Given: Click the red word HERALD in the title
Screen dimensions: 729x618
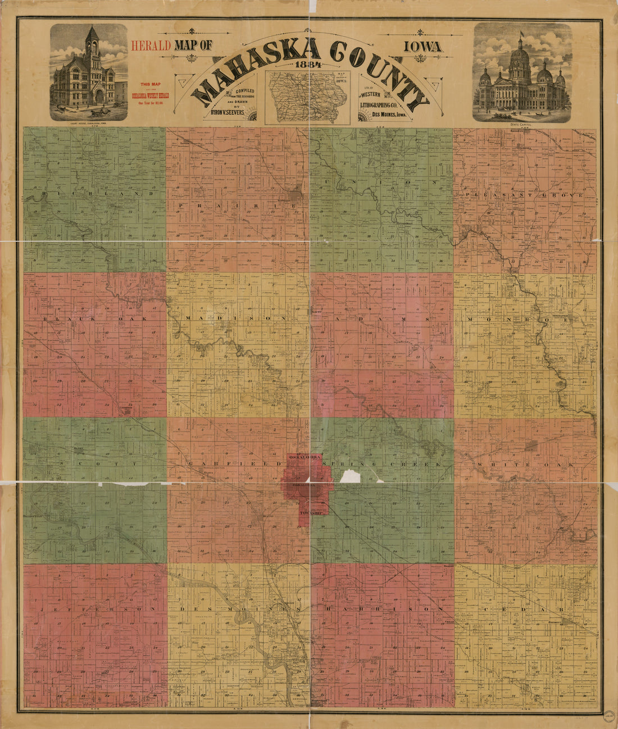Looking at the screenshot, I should tap(150, 47).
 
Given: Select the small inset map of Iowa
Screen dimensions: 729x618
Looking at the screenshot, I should tap(308, 97).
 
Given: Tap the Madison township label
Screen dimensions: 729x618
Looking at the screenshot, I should tap(236, 318).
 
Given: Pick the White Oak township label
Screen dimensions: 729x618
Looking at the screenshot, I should tap(525, 465).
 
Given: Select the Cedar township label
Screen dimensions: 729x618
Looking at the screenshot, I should tap(525, 609).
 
